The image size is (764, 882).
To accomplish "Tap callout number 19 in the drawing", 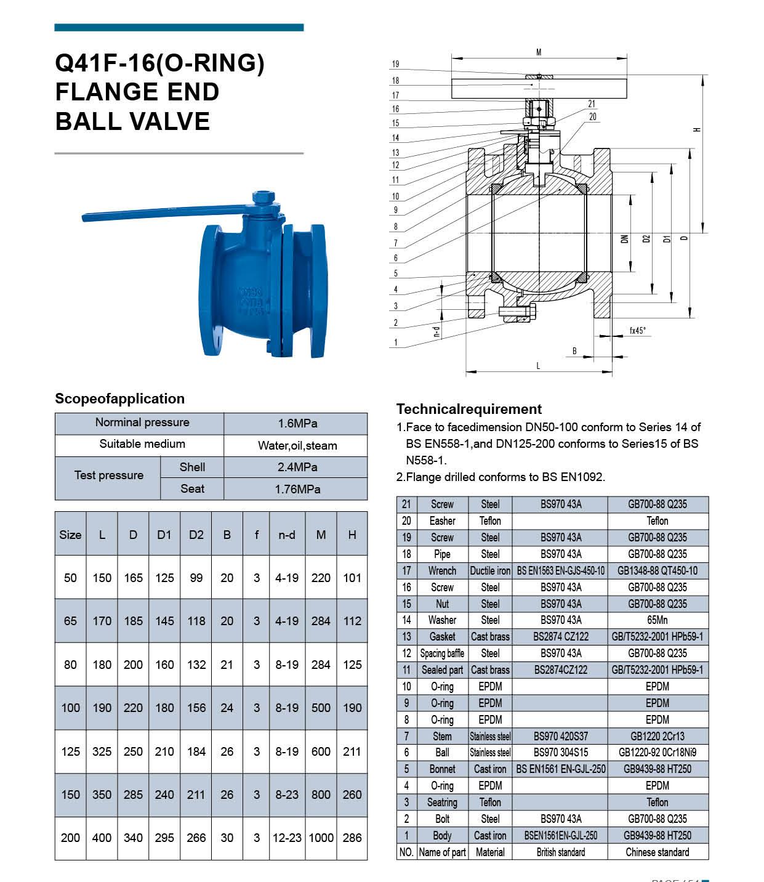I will (395, 64).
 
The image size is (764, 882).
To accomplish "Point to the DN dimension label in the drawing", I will (624, 238).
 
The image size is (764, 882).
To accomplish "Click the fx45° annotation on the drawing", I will (638, 331).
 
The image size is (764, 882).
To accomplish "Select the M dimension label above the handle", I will (539, 52).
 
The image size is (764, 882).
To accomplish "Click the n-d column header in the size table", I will (287, 535).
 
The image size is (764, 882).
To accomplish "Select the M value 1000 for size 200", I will (321, 838).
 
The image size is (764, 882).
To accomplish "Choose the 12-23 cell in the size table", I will (287, 838).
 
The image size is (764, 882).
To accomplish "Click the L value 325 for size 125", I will (102, 751).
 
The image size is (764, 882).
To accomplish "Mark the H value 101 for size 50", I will (352, 578).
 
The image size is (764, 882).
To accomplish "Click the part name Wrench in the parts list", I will (442, 570).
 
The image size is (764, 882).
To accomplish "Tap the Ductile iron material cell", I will (490, 570).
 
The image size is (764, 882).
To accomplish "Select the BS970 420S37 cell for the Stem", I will (561, 736).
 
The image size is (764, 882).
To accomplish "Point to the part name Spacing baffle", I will (442, 653).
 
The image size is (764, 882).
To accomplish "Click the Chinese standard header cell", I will (657, 852).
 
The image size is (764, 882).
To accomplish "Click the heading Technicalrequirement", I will (469, 409).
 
